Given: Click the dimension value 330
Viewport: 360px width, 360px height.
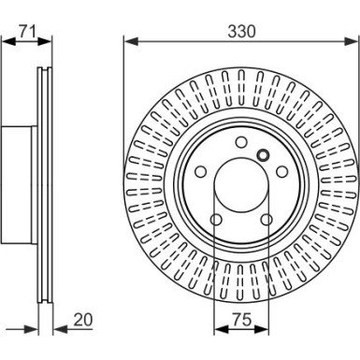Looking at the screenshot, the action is click(x=241, y=32).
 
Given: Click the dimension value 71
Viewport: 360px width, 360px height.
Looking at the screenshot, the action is click(x=28, y=31).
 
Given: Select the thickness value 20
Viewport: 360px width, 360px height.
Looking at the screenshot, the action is click(x=83, y=320).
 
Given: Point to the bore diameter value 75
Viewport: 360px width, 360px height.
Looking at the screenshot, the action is click(x=242, y=320).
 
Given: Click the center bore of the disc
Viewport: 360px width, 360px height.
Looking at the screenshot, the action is click(x=241, y=185).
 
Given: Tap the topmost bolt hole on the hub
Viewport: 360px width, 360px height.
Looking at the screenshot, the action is click(x=241, y=142).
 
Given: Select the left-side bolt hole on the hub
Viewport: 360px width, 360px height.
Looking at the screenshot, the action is click(x=201, y=171).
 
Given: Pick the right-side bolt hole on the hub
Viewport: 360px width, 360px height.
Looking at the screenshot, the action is click(x=282, y=171).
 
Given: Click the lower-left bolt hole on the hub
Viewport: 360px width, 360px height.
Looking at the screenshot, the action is click(x=216, y=220).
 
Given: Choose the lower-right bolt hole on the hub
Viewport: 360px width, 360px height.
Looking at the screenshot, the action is click(x=266, y=220).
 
